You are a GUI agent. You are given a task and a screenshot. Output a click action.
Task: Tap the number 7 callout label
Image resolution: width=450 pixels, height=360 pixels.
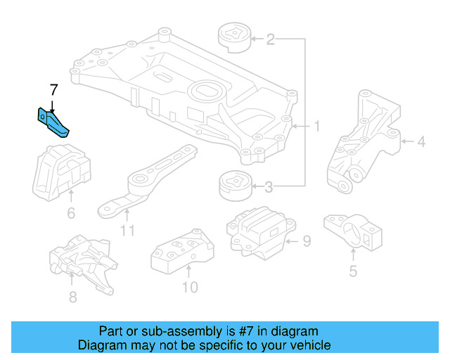(53, 90)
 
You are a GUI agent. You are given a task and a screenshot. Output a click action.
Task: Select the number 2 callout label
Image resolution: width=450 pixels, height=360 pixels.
(270, 39)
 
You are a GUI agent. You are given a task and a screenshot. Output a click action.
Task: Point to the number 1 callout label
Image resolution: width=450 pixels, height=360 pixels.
(316, 127)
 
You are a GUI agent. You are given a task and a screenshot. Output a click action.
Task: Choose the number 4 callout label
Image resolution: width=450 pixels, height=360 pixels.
(420, 142)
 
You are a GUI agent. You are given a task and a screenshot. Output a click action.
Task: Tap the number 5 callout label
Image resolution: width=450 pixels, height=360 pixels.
(353, 271)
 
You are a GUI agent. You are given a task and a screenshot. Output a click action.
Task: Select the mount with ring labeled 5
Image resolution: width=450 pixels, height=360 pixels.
(352, 232)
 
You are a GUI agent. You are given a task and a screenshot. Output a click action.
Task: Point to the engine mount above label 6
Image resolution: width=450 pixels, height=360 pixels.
(63, 173)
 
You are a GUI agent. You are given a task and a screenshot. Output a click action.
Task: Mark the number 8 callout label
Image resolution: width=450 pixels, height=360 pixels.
(72, 297)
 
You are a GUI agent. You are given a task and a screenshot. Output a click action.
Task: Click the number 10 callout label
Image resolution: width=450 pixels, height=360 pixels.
(189, 287)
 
